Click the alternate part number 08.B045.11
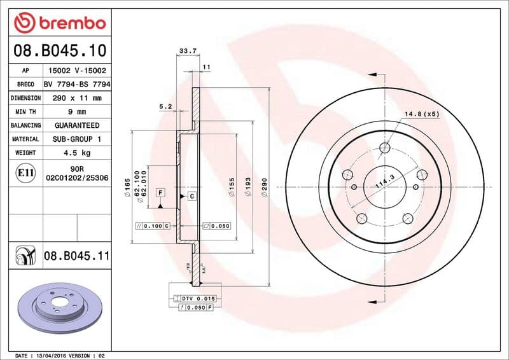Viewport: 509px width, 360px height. pos(77,256)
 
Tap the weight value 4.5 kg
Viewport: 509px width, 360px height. pos(77,153)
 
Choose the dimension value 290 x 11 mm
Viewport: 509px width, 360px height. pos(77,98)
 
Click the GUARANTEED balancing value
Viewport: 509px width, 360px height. pos(77,125)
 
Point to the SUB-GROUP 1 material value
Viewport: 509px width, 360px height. pos(77,139)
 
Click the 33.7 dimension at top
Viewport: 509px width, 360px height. pos(187,51)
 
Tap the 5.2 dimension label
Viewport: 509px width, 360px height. pos(166,107)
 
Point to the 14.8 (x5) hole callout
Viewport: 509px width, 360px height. pos(422,114)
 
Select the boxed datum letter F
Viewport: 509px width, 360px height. pos(160,192)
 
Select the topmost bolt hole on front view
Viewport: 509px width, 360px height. pos(384,148)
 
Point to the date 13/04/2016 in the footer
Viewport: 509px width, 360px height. pos(58,355)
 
